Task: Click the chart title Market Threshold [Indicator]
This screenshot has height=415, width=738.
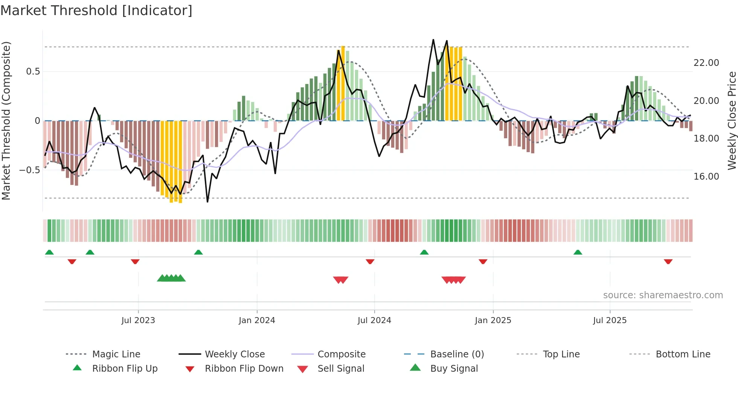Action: [96, 11]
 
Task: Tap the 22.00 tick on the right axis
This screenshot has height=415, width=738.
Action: [706, 63]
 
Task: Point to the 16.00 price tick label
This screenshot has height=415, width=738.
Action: [706, 177]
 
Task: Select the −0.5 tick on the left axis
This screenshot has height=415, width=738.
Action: [29, 170]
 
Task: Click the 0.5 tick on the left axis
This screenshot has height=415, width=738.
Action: [33, 72]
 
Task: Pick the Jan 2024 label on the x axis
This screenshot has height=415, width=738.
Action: [257, 320]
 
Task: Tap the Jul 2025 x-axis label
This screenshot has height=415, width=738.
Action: [610, 320]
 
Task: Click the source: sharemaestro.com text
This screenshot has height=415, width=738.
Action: [663, 295]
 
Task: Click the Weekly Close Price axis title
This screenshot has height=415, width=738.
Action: [732, 121]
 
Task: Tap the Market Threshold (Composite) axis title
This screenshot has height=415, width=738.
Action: [6, 121]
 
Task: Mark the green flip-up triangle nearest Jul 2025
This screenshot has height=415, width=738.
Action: [578, 252]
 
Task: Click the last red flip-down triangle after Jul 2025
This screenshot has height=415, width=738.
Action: [668, 262]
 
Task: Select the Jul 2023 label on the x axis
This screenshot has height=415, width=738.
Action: [138, 320]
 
